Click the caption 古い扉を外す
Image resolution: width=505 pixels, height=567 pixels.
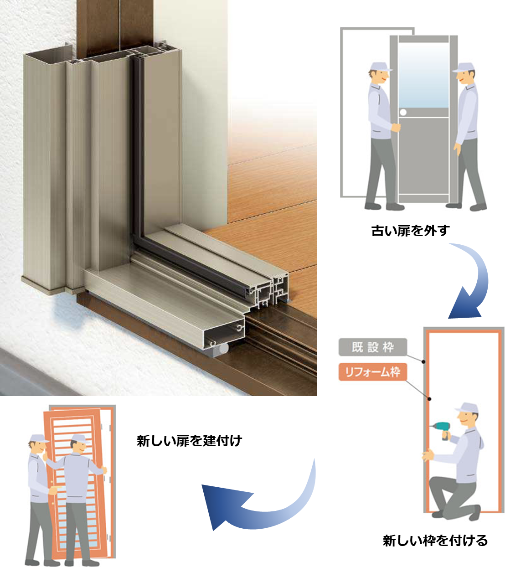pyautogui.click(x=410, y=231)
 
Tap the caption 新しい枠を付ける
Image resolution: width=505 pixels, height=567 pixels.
pyautogui.click(x=435, y=540)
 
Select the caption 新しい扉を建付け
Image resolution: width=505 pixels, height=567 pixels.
pyautogui.click(x=190, y=440)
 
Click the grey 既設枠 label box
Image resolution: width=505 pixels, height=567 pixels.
pyautogui.click(x=372, y=347)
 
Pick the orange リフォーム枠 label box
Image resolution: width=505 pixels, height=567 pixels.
pyautogui.click(x=372, y=372)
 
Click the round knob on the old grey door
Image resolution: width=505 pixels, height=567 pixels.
pyautogui.click(x=403, y=112)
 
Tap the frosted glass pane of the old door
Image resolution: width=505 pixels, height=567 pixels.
pyautogui.click(x=423, y=75)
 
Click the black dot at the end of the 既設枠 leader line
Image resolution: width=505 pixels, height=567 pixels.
pyautogui.click(x=423, y=361)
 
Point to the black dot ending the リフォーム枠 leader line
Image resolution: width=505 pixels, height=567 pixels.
pyautogui.click(x=429, y=399)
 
